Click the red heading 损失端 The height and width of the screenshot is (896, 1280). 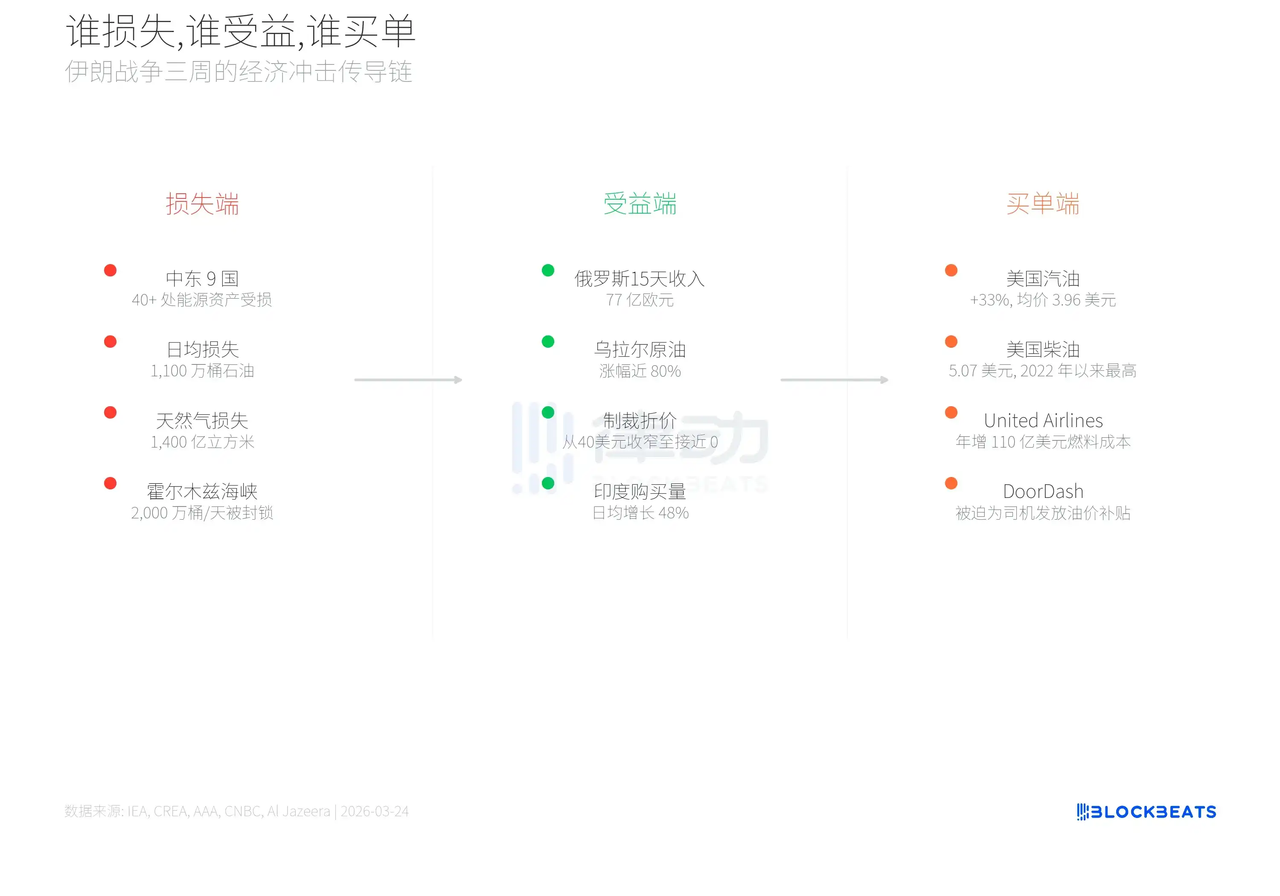202,204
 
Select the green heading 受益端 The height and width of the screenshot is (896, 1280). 640,204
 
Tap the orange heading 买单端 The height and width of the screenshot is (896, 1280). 1043,204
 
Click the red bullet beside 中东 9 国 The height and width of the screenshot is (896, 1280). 111,271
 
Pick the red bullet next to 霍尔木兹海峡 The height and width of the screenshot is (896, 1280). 111,483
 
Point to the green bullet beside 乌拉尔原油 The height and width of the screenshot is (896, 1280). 548,341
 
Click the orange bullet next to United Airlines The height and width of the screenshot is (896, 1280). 951,413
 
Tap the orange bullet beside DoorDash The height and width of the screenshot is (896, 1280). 951,483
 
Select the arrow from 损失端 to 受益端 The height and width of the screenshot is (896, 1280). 408,380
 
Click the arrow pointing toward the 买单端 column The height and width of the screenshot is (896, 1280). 835,380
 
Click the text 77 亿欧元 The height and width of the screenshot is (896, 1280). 640,300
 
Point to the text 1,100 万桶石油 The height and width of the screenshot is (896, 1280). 202,371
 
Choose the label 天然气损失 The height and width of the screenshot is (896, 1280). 202,420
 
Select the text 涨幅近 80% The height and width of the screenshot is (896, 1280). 640,371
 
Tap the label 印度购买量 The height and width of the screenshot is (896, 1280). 640,491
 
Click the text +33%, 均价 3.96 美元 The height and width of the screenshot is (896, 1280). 1043,300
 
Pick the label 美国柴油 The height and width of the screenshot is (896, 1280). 1043,349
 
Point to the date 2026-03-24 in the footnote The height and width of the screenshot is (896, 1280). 375,811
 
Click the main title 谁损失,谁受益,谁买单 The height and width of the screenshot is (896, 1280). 241,31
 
